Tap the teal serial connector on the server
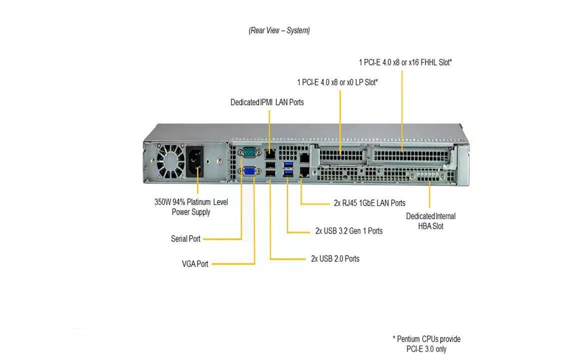tap(248, 152)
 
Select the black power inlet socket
tap(195, 160)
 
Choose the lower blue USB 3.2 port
tap(288, 173)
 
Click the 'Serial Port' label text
tap(185, 239)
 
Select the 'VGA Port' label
tap(195, 263)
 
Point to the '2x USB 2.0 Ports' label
tap(335, 258)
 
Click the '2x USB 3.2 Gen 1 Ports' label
tap(349, 231)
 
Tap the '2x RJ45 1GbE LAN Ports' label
tap(369, 203)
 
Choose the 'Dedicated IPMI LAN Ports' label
tap(267, 102)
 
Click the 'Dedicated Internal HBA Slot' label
tap(430, 221)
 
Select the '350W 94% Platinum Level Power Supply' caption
tap(191, 207)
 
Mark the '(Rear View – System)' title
tap(279, 30)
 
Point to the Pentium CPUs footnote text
tap(426, 344)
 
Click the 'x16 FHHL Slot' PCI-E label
tap(405, 62)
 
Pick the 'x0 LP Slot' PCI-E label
tap(337, 82)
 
